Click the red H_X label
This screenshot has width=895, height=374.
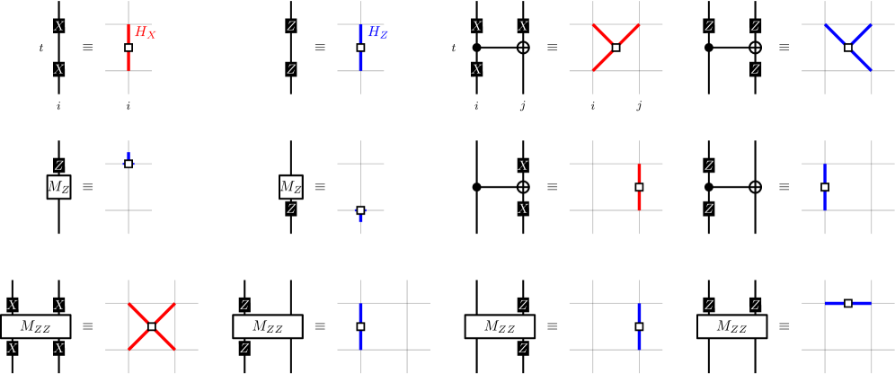click(146, 33)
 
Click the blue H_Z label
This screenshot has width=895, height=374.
click(377, 33)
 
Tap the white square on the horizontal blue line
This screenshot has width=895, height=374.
click(847, 303)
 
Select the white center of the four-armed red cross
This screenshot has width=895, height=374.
click(151, 326)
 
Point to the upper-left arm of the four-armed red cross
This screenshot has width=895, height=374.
click(138, 314)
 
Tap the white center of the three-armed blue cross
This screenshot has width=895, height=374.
click(847, 48)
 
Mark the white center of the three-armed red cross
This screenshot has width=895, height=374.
click(616, 48)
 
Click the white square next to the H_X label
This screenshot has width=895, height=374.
click(128, 48)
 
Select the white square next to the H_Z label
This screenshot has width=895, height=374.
click(360, 48)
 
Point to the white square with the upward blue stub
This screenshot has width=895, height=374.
click(128, 164)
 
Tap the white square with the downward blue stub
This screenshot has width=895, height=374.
click(360, 210)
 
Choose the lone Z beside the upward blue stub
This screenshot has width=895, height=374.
click(58, 166)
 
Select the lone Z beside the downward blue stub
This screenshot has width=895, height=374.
click(290, 209)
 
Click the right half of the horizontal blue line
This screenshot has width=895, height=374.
click(861, 303)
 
